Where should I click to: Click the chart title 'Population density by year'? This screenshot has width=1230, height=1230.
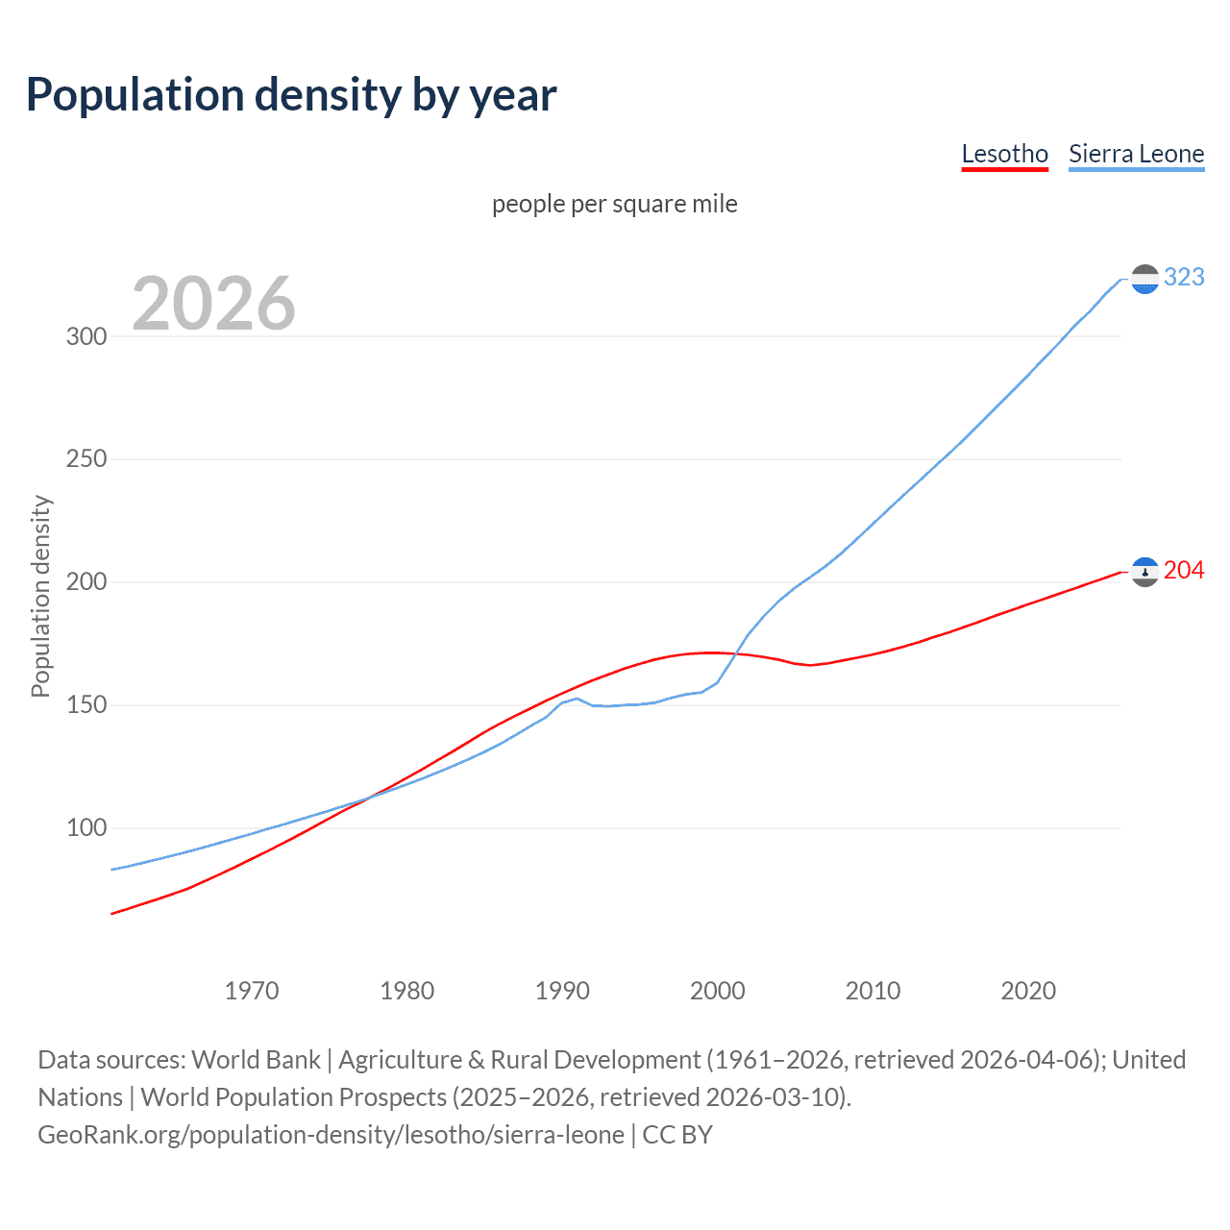coord(291,95)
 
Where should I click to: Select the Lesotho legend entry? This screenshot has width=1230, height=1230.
coord(1004,155)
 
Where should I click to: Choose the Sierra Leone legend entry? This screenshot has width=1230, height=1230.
coord(1136,155)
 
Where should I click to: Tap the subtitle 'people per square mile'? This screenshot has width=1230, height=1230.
coord(614,204)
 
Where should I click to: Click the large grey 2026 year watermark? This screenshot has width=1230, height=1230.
coord(213,304)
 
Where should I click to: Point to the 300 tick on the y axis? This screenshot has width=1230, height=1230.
coord(86,336)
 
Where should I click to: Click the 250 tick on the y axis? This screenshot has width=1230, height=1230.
coord(86,459)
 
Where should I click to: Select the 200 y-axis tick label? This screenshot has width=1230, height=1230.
coord(86,582)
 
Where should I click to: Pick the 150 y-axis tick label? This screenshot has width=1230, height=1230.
coord(86,705)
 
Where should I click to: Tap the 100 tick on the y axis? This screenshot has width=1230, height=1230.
coord(86,828)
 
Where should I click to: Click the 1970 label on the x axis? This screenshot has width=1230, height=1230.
coord(252,991)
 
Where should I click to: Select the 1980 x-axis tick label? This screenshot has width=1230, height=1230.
coord(407,991)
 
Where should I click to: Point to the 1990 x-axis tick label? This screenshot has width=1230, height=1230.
coord(562,991)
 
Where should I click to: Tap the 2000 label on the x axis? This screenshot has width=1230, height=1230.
coord(718,991)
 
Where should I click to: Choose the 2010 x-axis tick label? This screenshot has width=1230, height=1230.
coord(873,991)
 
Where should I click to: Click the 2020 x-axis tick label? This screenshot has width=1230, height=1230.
coord(1028,991)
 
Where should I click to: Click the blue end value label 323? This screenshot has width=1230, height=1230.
coord(1184,278)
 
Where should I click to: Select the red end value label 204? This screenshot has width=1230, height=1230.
coord(1184,571)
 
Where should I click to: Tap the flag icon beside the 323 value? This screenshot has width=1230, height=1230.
coord(1144,279)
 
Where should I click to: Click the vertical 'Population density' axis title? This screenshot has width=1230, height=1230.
coord(40,596)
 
